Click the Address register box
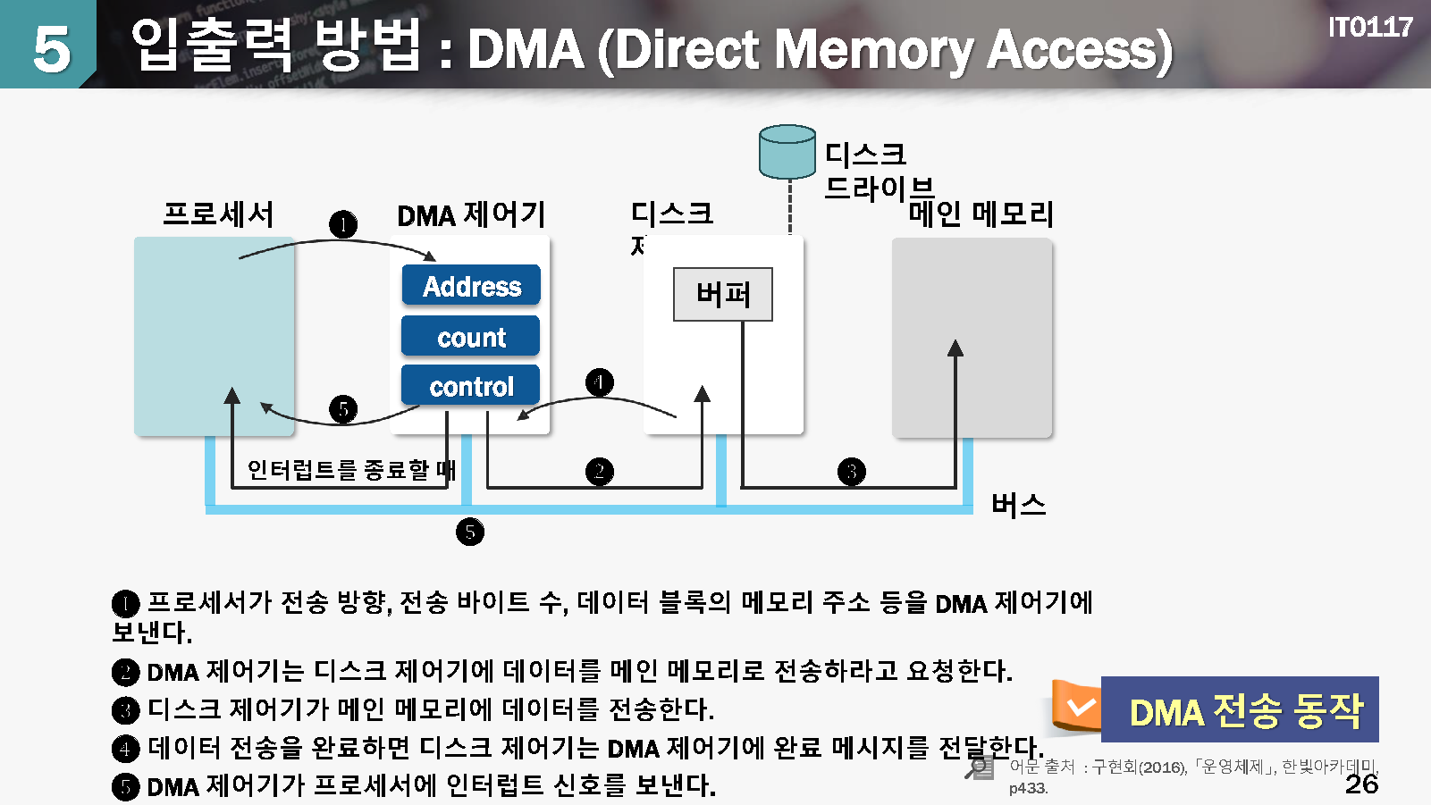pos(471,286)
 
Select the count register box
pos(471,337)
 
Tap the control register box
pos(471,386)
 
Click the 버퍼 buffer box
pos(722,294)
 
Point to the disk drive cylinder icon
pos(787,152)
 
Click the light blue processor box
pos(214,336)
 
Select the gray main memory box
pos(972,337)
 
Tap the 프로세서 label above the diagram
pos(218,214)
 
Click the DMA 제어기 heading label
pos(471,215)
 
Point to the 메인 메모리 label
pos(981,214)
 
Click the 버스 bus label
pos(1018,505)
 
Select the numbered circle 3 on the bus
pos(852,472)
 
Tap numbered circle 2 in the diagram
pos(600,472)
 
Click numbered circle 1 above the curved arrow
pos(343,223)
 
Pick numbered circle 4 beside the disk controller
pos(600,382)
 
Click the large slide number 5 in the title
pos(51,48)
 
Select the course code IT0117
pos(1369,28)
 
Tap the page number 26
pos(1361,784)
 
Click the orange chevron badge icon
pos(1079,707)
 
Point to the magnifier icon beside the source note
pos(980,767)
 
